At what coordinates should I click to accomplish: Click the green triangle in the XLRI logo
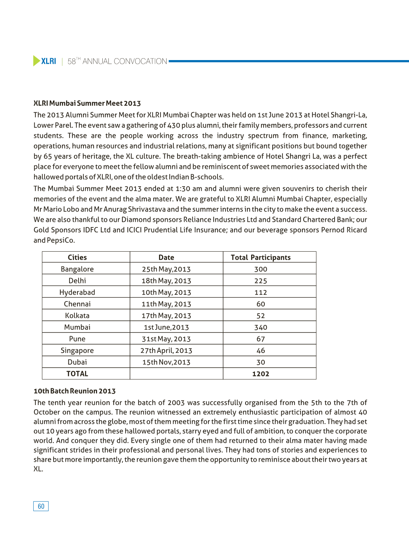[36, 61]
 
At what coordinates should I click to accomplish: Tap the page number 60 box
[41, 506]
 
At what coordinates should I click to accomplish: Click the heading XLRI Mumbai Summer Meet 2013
[87, 103]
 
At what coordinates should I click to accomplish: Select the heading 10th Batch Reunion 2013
[74, 391]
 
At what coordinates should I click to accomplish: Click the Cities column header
[77, 257]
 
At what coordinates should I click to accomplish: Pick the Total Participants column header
[261, 257]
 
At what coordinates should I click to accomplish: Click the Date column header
[166, 257]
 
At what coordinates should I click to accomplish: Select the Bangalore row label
[77, 269]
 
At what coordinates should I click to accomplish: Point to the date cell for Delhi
[166, 281]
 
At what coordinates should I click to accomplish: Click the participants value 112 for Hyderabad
[261, 292]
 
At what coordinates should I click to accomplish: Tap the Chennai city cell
[77, 304]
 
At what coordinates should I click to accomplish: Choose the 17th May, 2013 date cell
[166, 315]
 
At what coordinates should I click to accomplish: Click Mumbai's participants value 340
[261, 327]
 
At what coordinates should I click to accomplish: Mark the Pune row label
[77, 339]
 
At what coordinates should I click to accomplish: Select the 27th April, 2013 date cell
[166, 351]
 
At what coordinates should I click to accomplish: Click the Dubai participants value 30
[261, 362]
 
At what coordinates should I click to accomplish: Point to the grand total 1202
[261, 374]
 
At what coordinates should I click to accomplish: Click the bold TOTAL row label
[77, 374]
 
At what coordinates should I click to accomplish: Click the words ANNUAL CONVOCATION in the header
[125, 61]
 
